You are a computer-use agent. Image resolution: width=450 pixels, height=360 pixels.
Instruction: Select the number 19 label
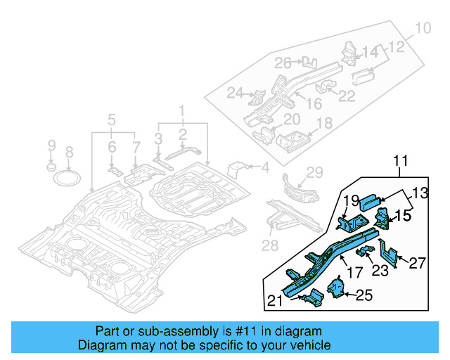click(352, 200)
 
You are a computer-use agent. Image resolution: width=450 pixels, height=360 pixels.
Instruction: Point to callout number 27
click(417, 263)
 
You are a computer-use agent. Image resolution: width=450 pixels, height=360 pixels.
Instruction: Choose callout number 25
click(363, 295)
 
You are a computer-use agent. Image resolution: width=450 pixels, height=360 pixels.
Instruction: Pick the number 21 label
click(276, 302)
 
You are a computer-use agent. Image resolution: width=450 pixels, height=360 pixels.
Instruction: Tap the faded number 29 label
click(314, 172)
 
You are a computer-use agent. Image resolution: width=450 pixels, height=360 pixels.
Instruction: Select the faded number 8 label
click(69, 152)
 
